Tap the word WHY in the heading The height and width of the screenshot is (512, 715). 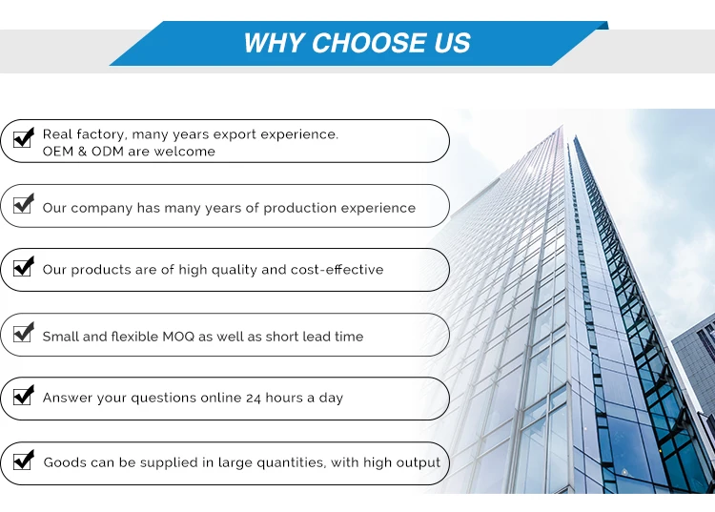pyautogui.click(x=274, y=43)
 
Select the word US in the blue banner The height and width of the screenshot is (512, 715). pyautogui.click(x=452, y=43)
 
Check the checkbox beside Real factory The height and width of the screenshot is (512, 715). pyautogui.click(x=23, y=137)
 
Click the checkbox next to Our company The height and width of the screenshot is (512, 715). pyautogui.click(x=23, y=203)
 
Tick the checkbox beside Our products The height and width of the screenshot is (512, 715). pyautogui.click(x=23, y=266)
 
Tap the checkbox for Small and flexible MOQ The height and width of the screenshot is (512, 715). pyautogui.click(x=23, y=332)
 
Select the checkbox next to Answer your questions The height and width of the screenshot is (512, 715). pyautogui.click(x=23, y=395)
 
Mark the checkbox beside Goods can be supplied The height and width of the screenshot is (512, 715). pyautogui.click(x=23, y=460)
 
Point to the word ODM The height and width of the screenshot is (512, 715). pyautogui.click(x=108, y=152)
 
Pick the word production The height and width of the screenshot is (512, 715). pyautogui.click(x=300, y=209)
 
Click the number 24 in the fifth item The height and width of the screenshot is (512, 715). pyautogui.click(x=254, y=398)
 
